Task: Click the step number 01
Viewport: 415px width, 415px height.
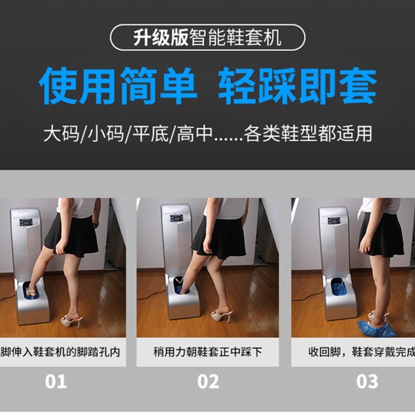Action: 56,382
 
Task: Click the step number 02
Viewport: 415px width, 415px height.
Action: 208,382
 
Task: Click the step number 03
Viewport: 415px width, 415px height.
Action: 367,382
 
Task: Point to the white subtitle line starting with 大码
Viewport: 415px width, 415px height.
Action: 208,134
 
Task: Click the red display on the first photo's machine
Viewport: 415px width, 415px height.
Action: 26,222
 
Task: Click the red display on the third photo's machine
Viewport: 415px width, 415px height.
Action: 335,220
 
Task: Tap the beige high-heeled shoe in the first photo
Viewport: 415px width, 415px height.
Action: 72,321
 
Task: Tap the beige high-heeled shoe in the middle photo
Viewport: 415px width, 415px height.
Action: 222,314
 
